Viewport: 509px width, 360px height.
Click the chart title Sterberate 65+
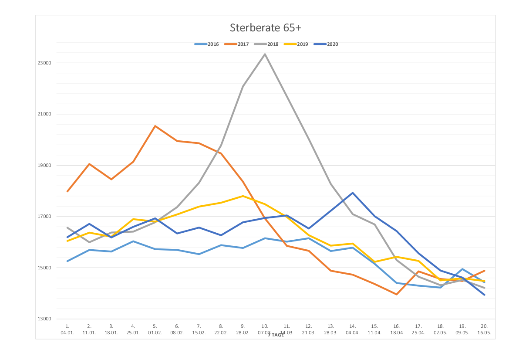click(x=266, y=28)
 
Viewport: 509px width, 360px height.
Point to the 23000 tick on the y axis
click(x=45, y=63)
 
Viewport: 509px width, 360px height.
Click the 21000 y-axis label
click(x=45, y=114)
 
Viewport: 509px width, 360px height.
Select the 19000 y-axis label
click(x=45, y=166)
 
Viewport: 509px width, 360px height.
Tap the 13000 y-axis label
click(x=45, y=319)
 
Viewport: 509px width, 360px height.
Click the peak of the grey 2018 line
click(x=265, y=54)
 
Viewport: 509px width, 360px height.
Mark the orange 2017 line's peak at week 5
click(x=155, y=126)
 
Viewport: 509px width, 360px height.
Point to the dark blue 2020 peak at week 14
click(x=353, y=193)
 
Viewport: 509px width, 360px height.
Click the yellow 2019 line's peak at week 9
click(x=243, y=196)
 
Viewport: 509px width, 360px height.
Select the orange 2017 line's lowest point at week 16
click(x=397, y=294)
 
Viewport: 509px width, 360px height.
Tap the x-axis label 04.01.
click(x=67, y=333)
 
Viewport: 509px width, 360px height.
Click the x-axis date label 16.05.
click(x=484, y=333)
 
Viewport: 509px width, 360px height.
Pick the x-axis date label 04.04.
click(x=353, y=333)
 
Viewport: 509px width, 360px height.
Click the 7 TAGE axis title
click(x=276, y=335)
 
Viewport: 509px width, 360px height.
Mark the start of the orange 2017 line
click(x=67, y=191)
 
